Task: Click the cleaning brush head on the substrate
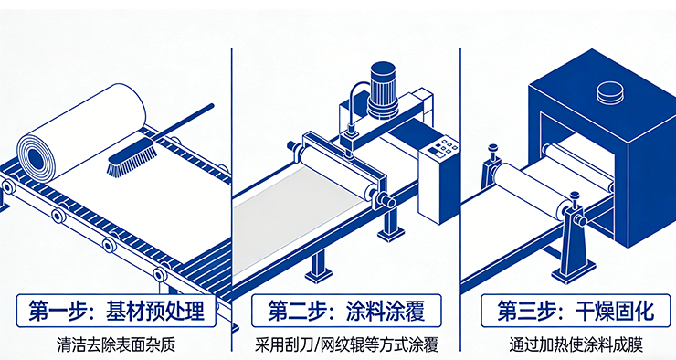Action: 132,157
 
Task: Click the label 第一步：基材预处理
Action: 116,311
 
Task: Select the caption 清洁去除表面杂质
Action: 116,344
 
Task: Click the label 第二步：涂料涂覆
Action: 346,311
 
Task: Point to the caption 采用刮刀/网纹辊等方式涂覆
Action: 346,344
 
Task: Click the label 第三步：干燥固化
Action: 576,311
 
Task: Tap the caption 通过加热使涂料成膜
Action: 576,344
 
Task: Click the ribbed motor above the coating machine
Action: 383,90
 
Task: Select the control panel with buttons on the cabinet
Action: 441,150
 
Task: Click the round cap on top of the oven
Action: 610,92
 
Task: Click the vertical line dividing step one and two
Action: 231,199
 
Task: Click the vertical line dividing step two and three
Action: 460,199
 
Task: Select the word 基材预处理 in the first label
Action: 155,311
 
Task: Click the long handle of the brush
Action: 184,122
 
